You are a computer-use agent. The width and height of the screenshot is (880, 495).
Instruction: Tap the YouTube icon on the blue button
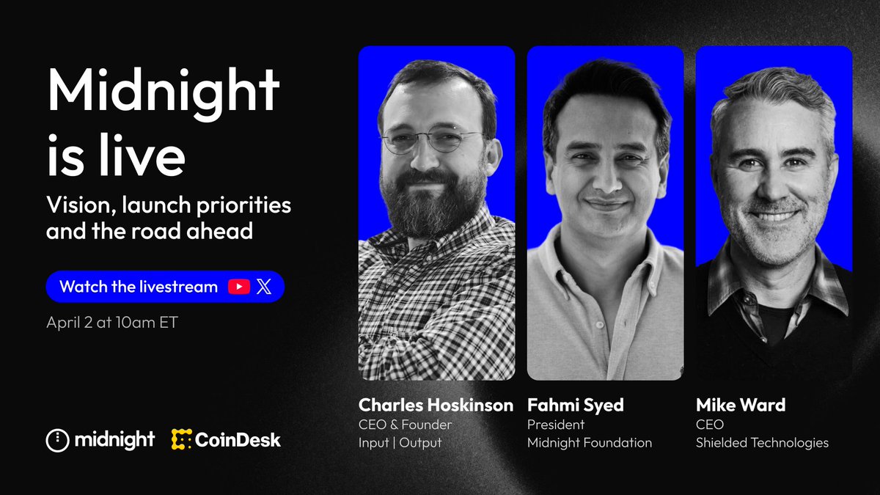(239, 287)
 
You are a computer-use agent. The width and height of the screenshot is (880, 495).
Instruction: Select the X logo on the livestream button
(263, 287)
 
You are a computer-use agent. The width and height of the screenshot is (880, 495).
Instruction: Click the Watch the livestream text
(138, 287)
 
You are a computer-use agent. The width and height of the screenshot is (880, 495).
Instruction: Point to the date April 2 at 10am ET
(111, 323)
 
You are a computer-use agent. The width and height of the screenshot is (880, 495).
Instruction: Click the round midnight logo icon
(57, 440)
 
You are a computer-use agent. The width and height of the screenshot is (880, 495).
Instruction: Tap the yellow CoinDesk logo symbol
(182, 440)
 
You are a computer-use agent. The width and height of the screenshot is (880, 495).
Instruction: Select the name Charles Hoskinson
(436, 405)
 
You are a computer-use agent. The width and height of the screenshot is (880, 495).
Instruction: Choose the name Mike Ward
(741, 405)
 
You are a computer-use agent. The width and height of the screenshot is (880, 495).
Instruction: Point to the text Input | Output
(400, 442)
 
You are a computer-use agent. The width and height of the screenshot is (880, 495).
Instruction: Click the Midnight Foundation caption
(589, 442)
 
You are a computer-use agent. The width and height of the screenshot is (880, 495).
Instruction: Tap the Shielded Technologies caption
(763, 442)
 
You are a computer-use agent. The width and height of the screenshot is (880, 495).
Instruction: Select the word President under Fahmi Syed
(556, 424)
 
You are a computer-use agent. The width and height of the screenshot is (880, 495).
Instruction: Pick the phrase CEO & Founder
(405, 424)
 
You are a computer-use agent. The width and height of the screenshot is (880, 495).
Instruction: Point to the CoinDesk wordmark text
(238, 440)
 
